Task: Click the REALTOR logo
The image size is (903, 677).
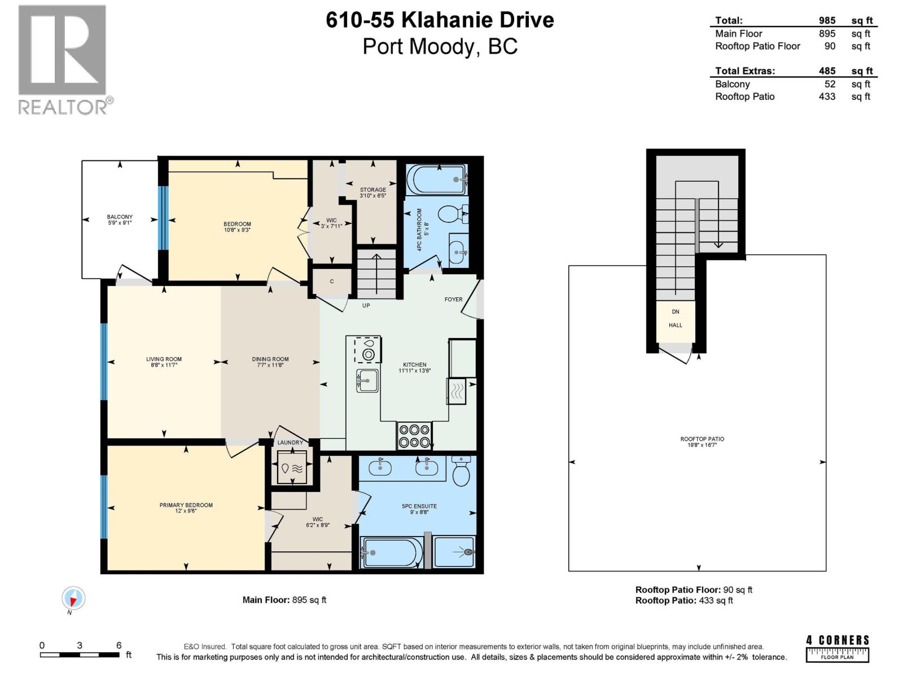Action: (x=62, y=59)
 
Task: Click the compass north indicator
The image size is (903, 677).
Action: (x=73, y=599)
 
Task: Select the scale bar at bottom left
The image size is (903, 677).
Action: (x=79, y=654)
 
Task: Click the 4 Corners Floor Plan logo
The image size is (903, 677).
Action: (x=838, y=648)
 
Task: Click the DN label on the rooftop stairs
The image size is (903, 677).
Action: (x=676, y=311)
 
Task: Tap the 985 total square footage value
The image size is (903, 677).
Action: (x=827, y=20)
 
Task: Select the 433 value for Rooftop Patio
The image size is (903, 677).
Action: (x=827, y=96)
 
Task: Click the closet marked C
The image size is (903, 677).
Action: (x=332, y=281)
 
